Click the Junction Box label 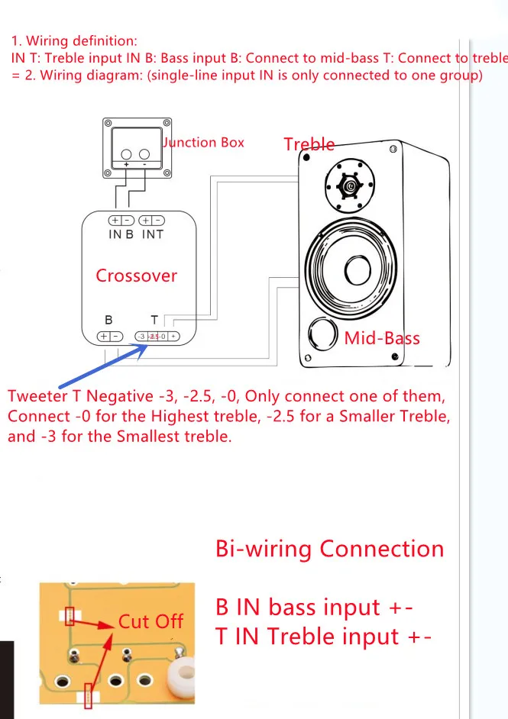[204, 142]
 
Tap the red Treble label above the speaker [309, 144]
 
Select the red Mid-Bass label [382, 337]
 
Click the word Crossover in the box [136, 276]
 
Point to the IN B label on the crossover [121, 234]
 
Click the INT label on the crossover [153, 234]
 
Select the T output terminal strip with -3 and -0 [157, 336]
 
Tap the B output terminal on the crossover [109, 336]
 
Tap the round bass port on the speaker [322, 335]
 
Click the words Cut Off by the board [150, 621]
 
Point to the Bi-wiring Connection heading [329, 549]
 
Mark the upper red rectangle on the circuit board [70, 614]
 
